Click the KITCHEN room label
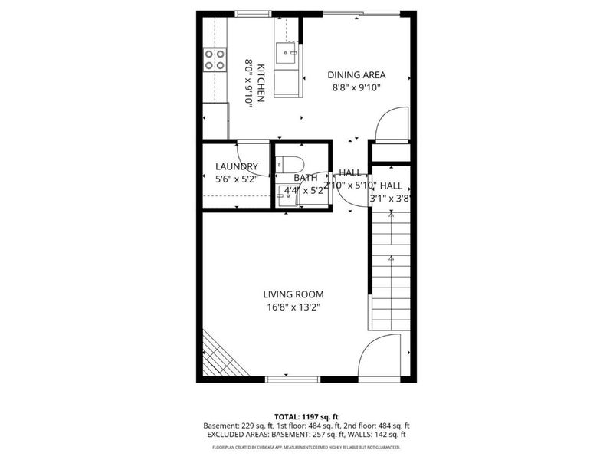(261, 83)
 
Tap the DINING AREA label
(356, 75)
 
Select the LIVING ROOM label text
(293, 294)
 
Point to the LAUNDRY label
(237, 166)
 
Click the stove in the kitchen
(215, 59)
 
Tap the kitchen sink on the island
(289, 54)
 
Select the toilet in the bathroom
(290, 163)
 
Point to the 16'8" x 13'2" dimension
(293, 307)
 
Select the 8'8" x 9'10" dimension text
(356, 88)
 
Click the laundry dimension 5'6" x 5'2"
(237, 179)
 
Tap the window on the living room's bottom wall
(292, 379)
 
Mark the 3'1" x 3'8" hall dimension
(391, 198)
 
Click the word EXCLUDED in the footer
(230, 435)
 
